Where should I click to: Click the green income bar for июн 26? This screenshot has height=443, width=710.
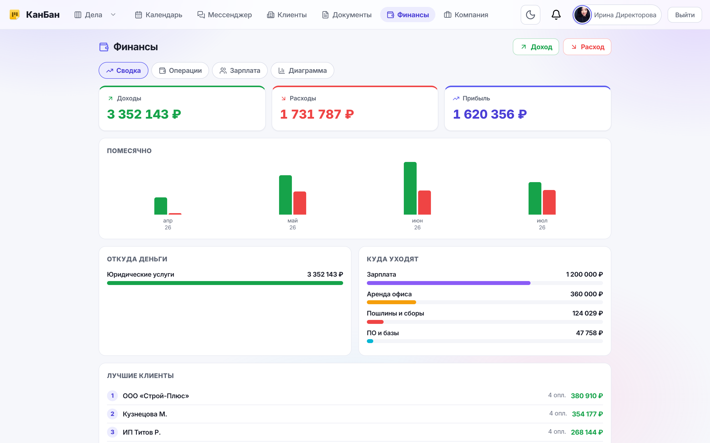pyautogui.click(x=410, y=188)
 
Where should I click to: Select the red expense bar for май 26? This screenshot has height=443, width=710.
pyautogui.click(x=300, y=203)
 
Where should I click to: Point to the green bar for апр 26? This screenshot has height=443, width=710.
pyautogui.click(x=160, y=206)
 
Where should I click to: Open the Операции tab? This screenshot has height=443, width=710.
pyautogui.click(x=180, y=70)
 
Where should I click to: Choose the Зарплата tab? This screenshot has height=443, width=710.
pyautogui.click(x=240, y=70)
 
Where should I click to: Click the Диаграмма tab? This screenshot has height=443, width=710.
pyautogui.click(x=302, y=70)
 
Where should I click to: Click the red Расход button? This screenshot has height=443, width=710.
pyautogui.click(x=587, y=47)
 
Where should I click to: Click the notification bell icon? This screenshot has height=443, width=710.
pyautogui.click(x=556, y=15)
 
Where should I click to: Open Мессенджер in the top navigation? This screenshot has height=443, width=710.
pyautogui.click(x=224, y=15)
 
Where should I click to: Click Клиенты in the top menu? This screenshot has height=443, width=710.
pyautogui.click(x=287, y=15)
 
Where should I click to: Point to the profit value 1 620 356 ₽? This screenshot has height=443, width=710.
pyautogui.click(x=490, y=114)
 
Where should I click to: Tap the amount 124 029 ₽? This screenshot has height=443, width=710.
pyautogui.click(x=587, y=313)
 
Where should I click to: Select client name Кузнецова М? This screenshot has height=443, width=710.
pyautogui.click(x=145, y=414)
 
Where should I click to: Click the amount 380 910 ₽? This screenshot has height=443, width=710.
pyautogui.click(x=587, y=396)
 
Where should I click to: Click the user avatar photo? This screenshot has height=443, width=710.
pyautogui.click(x=582, y=15)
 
